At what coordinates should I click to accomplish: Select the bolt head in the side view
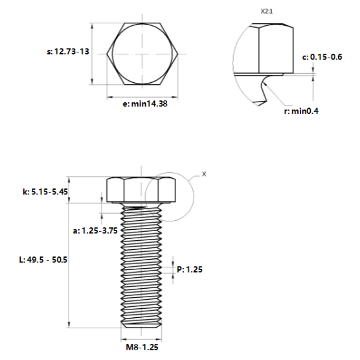141,189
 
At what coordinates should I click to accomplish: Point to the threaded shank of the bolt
141,265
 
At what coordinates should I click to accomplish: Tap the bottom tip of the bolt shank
141,326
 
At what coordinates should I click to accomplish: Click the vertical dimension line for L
71,259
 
